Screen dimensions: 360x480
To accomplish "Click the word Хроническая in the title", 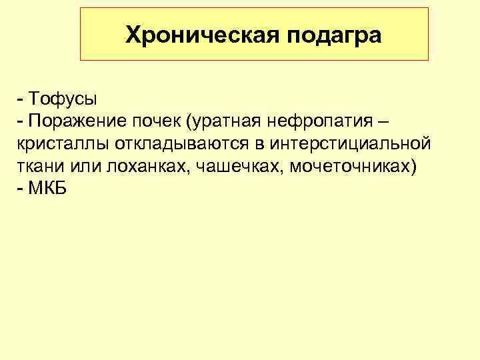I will coord(202,35).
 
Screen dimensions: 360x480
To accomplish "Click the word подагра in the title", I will coord(335,35).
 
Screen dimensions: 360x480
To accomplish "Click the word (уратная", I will coord(223,122).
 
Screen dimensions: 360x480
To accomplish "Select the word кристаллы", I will coord(55,144).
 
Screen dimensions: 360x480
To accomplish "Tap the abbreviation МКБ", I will coord(47,188).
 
